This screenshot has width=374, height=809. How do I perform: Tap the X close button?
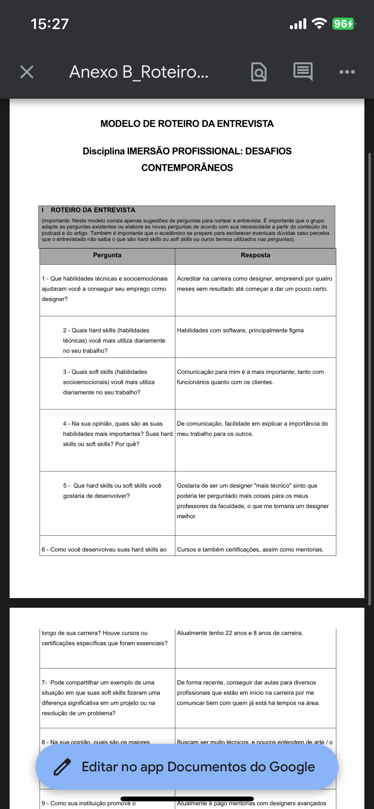tap(27, 72)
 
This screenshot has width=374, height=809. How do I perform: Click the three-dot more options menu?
tap(347, 72)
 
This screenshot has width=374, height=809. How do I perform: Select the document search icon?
tap(259, 72)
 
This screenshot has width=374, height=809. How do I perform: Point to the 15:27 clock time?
tap(50, 24)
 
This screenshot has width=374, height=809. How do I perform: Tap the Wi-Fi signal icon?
tap(319, 24)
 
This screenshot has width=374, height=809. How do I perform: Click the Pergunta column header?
tap(107, 255)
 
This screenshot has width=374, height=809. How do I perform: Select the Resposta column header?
tap(255, 255)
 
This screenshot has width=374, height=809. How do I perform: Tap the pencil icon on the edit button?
tap(62, 767)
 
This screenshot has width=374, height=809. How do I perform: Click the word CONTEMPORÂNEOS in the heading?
tap(187, 168)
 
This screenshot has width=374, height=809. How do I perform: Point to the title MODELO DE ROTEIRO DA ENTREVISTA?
tap(187, 124)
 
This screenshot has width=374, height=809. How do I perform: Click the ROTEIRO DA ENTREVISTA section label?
tap(93, 210)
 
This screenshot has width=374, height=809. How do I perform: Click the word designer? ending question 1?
tap(55, 299)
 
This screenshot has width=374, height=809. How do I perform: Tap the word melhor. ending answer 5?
tap(187, 516)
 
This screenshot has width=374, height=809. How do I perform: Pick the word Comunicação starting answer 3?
tap(195, 372)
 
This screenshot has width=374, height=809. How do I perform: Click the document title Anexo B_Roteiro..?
tap(139, 72)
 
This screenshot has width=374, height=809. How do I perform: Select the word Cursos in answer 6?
tap(186, 550)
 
